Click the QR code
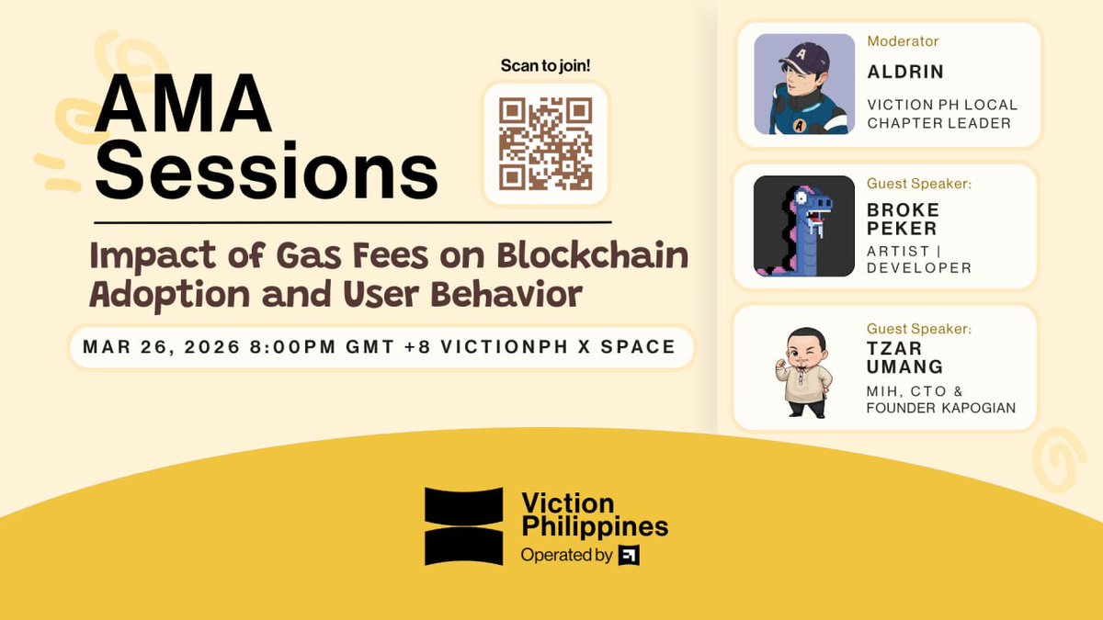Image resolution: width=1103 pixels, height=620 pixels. pyautogui.click(x=545, y=143)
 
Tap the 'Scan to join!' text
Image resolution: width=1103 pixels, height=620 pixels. pyautogui.click(x=545, y=66)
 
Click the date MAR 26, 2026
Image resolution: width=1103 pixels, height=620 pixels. pyautogui.click(x=162, y=347)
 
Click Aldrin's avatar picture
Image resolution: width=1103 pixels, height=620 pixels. pyautogui.click(x=803, y=85)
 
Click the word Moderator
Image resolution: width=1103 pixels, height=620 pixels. pyautogui.click(x=903, y=41)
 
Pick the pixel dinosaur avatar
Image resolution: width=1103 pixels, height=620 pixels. pyautogui.click(x=803, y=226)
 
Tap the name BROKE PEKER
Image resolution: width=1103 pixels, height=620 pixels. pyautogui.click(x=904, y=219)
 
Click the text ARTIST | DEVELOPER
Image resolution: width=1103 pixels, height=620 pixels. pyautogui.click(x=918, y=259)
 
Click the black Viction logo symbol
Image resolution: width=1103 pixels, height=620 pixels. pyautogui.click(x=463, y=526)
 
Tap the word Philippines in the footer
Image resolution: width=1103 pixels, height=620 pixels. pyautogui.click(x=594, y=527)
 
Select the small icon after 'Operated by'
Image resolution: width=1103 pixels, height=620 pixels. pyautogui.click(x=629, y=555)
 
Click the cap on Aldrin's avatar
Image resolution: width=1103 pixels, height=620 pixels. pyautogui.click(x=796, y=54)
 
